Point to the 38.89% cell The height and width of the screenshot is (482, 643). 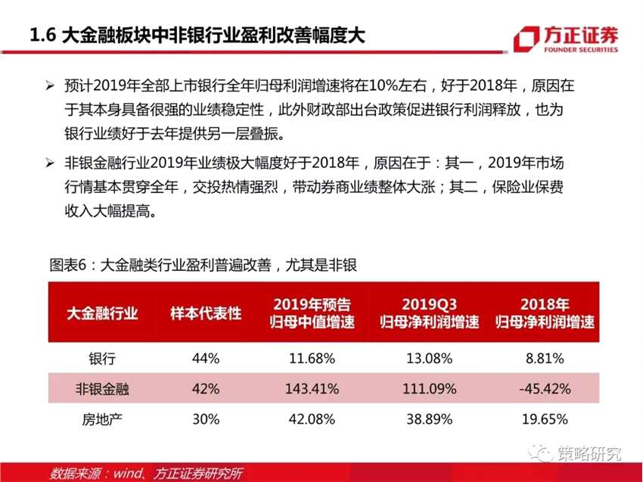pos(429,418)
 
